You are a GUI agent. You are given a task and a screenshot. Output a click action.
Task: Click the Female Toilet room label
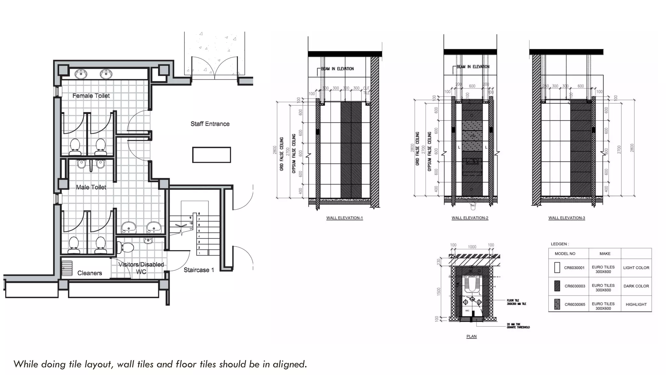[91, 96]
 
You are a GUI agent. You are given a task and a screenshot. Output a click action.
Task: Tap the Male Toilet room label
[91, 187]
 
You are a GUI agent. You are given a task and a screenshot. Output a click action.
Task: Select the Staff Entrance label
[210, 124]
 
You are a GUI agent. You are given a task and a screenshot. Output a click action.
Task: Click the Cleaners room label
[89, 273]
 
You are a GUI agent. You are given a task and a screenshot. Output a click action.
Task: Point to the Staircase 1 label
[199, 270]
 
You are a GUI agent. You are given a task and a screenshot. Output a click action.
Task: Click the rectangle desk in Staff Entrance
[211, 155]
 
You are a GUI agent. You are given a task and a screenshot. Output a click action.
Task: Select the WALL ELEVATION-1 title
[344, 218]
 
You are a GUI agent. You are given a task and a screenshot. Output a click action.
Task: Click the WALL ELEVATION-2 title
[470, 218]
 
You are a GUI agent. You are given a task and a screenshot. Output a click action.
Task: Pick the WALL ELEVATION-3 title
[566, 218]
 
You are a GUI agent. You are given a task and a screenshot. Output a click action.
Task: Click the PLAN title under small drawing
[471, 336]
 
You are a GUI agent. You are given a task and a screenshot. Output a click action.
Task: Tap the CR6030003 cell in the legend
[575, 286]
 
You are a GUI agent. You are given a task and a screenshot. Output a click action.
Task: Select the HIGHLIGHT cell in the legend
[636, 304]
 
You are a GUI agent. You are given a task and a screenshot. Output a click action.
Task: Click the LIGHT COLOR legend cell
[636, 268]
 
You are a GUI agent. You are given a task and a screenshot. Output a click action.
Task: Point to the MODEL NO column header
[565, 254]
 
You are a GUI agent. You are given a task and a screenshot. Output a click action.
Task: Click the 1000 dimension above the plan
[472, 247]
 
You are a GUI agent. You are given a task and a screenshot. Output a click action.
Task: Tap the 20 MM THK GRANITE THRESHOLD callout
[518, 326]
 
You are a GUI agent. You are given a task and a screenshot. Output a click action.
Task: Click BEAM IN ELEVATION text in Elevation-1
[337, 69]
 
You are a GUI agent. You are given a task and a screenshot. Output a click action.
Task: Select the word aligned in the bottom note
[290, 364]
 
